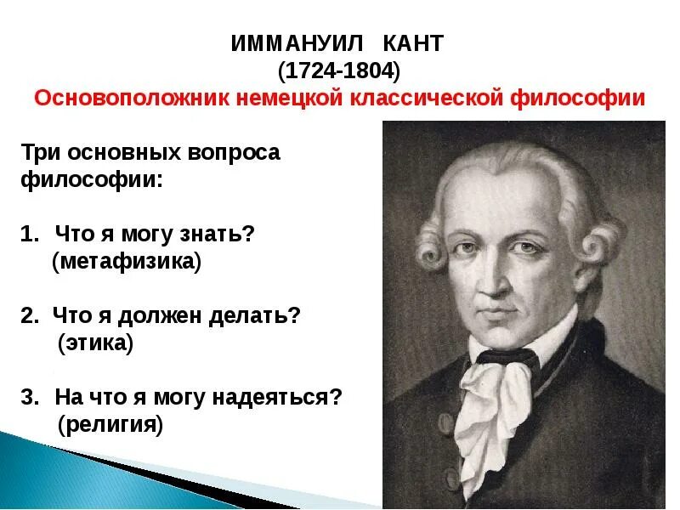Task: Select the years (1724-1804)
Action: click(x=339, y=71)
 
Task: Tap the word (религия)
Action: click(x=110, y=424)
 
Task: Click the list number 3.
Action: click(x=28, y=398)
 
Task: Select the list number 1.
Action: click(x=28, y=234)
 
